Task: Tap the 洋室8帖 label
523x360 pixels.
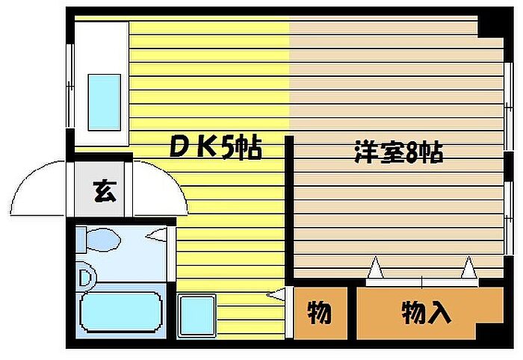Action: click(398, 152)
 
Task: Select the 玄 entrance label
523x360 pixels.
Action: click(105, 191)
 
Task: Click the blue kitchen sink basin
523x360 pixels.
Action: click(104, 102)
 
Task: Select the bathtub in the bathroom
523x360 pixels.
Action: click(121, 312)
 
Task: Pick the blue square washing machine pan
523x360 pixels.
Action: click(196, 315)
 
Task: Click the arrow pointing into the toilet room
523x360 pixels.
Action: click(155, 235)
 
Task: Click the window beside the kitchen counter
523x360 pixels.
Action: click(69, 85)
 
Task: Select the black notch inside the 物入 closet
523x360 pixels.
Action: click(490, 332)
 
